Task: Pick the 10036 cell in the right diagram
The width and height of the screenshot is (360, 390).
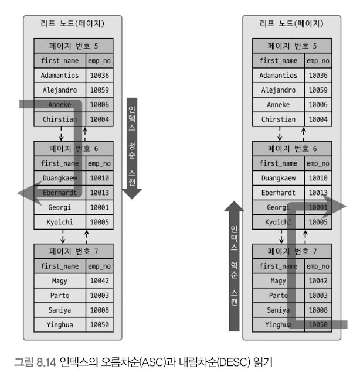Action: [318, 75]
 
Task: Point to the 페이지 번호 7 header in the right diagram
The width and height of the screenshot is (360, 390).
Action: [292, 251]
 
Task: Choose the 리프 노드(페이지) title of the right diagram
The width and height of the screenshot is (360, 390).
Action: [292, 23]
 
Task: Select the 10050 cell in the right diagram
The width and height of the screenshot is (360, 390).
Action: [318, 324]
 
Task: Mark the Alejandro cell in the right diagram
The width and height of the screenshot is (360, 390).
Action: [279, 90]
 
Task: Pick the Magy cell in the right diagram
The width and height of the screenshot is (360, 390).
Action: [279, 280]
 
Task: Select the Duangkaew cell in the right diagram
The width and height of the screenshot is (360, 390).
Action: [279, 178]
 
